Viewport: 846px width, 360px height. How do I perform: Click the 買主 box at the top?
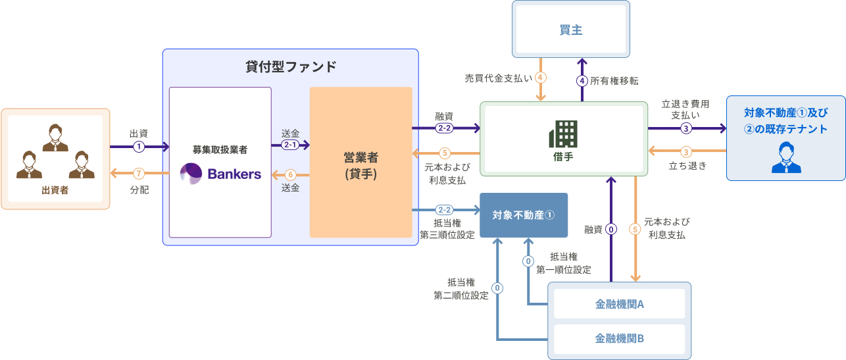571,30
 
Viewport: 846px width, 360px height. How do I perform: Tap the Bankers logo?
220,174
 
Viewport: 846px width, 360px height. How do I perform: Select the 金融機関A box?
619,304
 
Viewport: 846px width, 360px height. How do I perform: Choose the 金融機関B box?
619,338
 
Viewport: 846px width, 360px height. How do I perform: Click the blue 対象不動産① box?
524,215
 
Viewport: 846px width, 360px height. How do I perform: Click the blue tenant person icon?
786,157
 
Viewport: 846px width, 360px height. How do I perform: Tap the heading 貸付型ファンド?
290,66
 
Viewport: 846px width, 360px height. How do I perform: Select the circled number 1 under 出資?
139,146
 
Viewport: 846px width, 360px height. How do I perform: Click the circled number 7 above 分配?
139,174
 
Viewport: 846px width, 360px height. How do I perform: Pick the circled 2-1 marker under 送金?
290,145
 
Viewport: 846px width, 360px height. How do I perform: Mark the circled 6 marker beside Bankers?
290,174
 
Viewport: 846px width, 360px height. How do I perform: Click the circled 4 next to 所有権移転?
582,81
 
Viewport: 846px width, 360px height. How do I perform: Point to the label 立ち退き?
687,166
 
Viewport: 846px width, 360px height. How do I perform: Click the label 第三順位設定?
447,235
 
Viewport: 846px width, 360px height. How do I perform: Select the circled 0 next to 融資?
611,230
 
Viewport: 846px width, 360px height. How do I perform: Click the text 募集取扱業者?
220,149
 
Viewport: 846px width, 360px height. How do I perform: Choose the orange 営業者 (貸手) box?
361,162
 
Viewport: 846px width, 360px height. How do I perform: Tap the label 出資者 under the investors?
55,190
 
